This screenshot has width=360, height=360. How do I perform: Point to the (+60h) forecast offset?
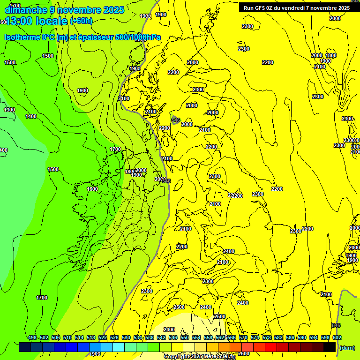click(x=81, y=21)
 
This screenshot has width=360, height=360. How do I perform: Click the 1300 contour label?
click(x=9, y=110)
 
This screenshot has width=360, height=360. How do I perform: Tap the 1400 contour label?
click(x=31, y=116)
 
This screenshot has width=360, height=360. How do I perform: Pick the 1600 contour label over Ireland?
click(x=92, y=189)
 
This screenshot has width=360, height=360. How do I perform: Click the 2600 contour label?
click(x=244, y=353)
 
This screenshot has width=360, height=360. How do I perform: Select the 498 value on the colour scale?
click(x=32, y=337)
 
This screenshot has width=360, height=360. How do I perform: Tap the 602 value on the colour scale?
click(x=337, y=337)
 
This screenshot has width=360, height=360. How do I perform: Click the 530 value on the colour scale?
click(x=126, y=337)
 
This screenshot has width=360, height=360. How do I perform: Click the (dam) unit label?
click(x=347, y=347)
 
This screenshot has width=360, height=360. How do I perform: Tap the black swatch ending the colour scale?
click(x=330, y=347)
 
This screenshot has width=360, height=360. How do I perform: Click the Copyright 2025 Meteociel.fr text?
click(x=199, y=357)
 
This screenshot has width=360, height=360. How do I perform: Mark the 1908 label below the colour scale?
click(x=95, y=354)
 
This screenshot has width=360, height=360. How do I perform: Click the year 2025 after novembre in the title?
click(x=113, y=10)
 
